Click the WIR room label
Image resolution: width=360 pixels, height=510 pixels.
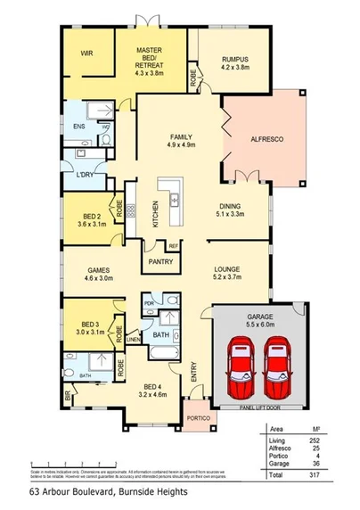[x=86, y=53]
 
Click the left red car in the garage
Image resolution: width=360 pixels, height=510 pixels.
[x=240, y=367]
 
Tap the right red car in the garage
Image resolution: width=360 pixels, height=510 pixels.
[x=279, y=367]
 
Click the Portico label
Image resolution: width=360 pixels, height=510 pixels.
[x=198, y=417]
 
